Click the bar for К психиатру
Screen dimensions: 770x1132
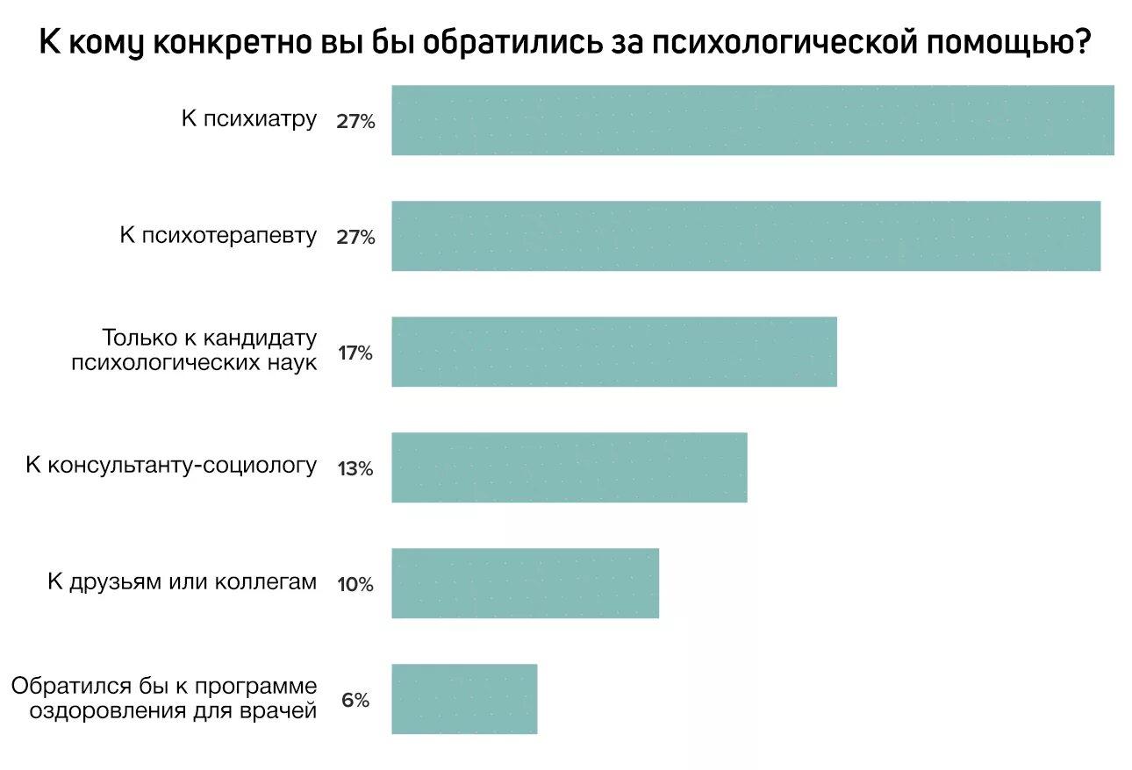coord(752,120)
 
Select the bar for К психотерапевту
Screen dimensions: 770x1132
coord(746,236)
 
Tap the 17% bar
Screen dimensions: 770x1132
coord(613,352)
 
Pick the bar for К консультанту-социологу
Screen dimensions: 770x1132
coord(569,467)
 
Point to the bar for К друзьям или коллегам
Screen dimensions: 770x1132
coord(525,583)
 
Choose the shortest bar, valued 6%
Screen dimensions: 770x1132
coord(463,699)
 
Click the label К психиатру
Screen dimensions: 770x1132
coord(248,119)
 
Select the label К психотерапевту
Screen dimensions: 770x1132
coord(218,235)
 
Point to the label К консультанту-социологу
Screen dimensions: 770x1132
coord(170,466)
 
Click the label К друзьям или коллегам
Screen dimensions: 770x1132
coord(182,581)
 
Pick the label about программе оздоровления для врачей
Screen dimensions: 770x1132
coord(164,698)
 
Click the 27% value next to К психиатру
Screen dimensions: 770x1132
coord(355,122)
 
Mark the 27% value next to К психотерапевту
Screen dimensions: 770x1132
coord(355,238)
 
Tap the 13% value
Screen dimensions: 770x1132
coord(355,469)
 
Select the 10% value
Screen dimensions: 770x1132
coord(355,585)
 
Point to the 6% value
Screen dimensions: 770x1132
coord(355,701)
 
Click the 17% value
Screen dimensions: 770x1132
coord(355,353)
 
